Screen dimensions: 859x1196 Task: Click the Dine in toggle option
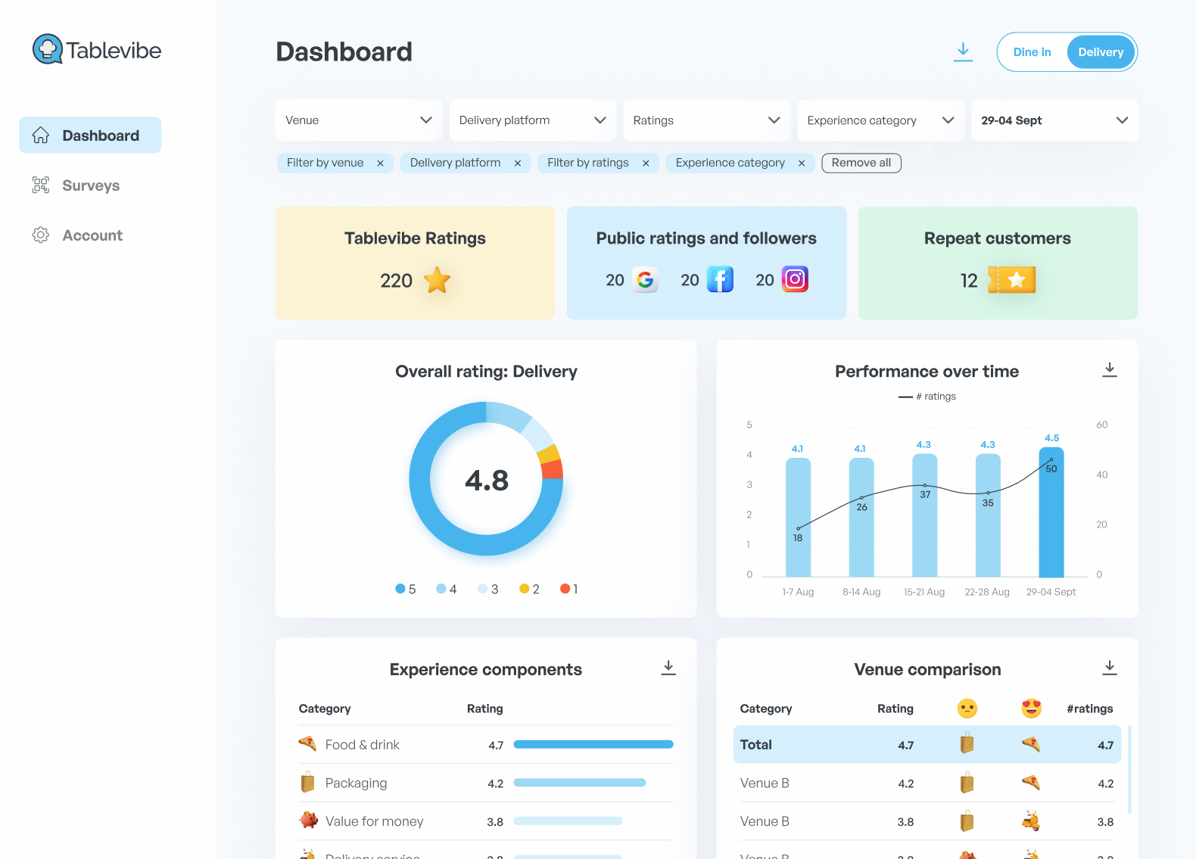[1032, 52]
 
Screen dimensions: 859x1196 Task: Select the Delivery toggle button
[1101, 52]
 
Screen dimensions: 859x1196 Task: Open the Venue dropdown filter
[358, 120]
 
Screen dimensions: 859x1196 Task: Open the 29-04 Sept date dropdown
[1054, 120]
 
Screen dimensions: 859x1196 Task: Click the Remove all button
[861, 163]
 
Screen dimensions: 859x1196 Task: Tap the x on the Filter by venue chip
[380, 163]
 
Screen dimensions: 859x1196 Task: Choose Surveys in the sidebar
[90, 185]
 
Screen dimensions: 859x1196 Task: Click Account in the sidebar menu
[92, 235]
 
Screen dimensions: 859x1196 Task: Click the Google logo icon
[645, 280]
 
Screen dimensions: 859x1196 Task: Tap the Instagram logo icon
[795, 279]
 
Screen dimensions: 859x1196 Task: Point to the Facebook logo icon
[720, 279]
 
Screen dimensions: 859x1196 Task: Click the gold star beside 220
[437, 280]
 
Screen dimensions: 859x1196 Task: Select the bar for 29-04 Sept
[1051, 515]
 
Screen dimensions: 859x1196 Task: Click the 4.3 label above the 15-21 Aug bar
[923, 445]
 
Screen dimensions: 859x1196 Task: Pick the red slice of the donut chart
[553, 469]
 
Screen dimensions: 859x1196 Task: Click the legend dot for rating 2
[524, 589]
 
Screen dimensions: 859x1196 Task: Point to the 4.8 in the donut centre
[487, 481]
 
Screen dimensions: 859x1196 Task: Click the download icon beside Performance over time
[1109, 370]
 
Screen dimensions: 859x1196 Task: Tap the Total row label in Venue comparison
[756, 745]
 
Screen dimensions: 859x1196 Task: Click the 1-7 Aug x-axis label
[798, 592]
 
